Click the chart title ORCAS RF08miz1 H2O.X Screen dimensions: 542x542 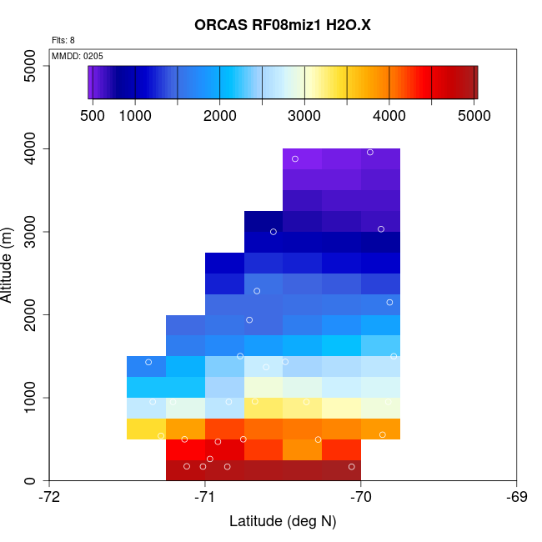coord(283,25)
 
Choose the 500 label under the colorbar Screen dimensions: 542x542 coord(92,116)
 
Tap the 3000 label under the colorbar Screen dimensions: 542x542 coord(304,116)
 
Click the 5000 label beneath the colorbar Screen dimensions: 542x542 coord(474,116)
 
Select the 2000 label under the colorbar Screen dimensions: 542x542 coord(219,116)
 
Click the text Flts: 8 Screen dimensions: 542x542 coord(63,40)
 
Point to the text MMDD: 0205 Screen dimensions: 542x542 coord(78,56)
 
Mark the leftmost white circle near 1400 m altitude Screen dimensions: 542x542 coord(148,362)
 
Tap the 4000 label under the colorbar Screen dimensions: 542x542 coord(389,116)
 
